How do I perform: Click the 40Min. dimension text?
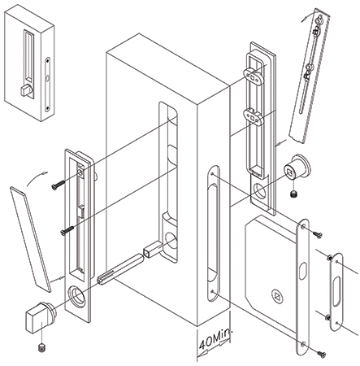pos(213,343)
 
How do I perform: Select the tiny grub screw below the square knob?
pos(40,347)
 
